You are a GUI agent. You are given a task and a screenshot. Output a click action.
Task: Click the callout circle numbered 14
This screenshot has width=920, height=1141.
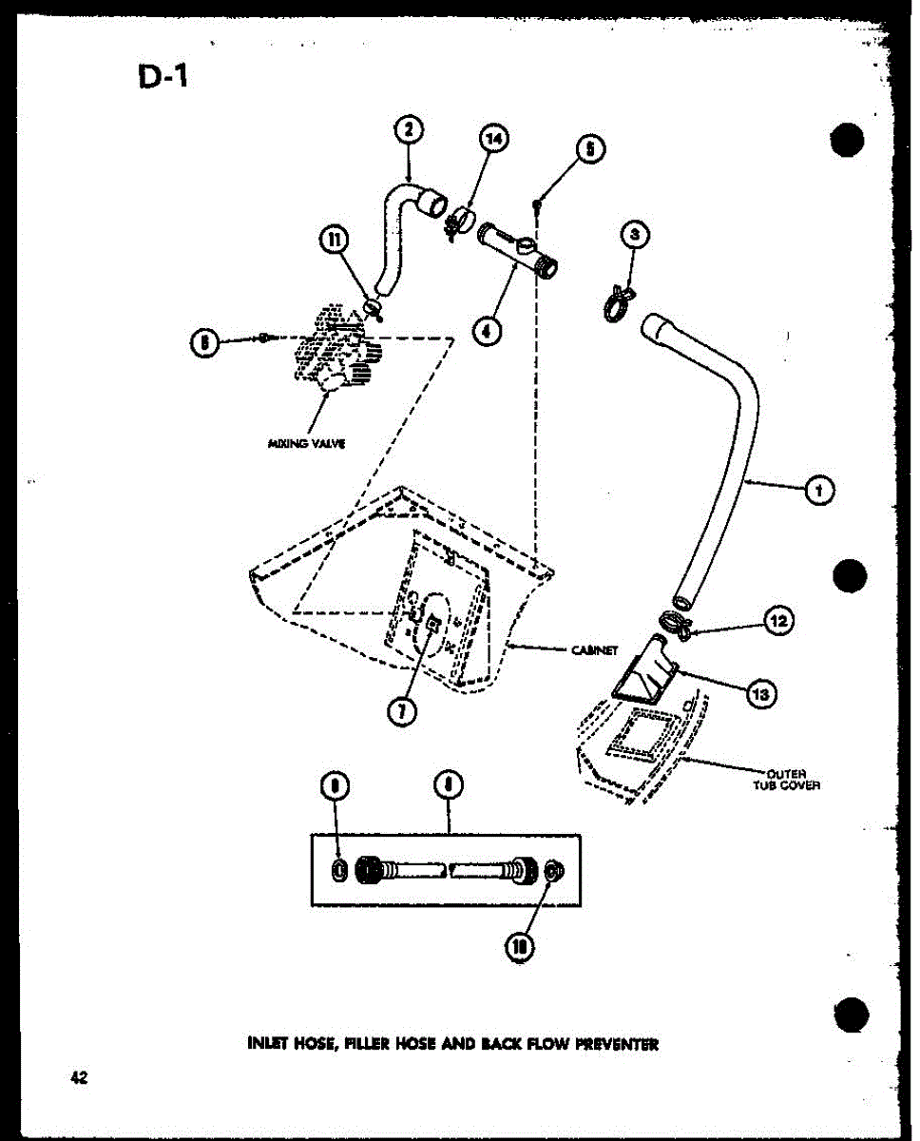(x=493, y=141)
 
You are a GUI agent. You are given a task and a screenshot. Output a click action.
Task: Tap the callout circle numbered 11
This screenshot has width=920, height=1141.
(x=334, y=242)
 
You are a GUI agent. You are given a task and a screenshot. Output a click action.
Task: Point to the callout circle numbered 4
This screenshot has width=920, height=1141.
(x=488, y=331)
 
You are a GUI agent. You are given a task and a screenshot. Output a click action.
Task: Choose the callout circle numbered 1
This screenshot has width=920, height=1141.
(x=819, y=491)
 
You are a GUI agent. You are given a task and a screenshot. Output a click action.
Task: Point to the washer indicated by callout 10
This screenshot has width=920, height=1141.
(x=554, y=869)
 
